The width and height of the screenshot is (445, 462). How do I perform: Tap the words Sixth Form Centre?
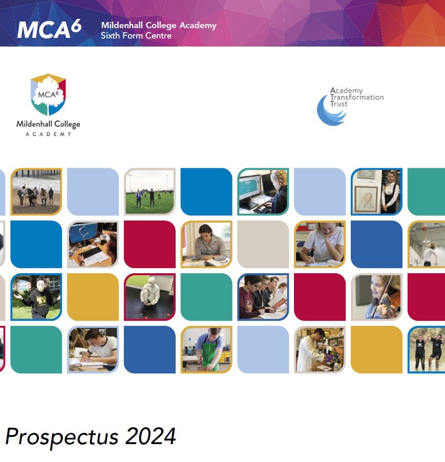pyautogui.click(x=136, y=36)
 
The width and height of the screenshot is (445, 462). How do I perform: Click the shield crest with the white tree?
pyautogui.click(x=48, y=95)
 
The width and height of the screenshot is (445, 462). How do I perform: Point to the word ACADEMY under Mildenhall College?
pyautogui.click(x=48, y=134)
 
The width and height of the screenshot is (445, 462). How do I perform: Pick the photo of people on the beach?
pyautogui.click(x=36, y=191)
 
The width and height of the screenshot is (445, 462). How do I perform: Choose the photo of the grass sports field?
pyautogui.click(x=150, y=191)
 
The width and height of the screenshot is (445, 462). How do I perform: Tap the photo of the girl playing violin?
pyautogui.click(x=376, y=297)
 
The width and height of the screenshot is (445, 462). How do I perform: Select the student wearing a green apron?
pyautogui.click(x=206, y=350)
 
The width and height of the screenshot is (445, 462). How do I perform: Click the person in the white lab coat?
pyautogui.click(x=319, y=349)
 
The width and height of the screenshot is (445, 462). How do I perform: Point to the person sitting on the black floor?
pyautogui.click(x=150, y=297)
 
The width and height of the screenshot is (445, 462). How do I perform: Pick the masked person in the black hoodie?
pyautogui.click(x=36, y=297)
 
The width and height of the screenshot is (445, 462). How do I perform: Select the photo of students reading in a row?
pyautogui.click(x=263, y=297)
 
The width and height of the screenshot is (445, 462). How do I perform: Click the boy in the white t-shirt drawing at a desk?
pyautogui.click(x=93, y=350)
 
